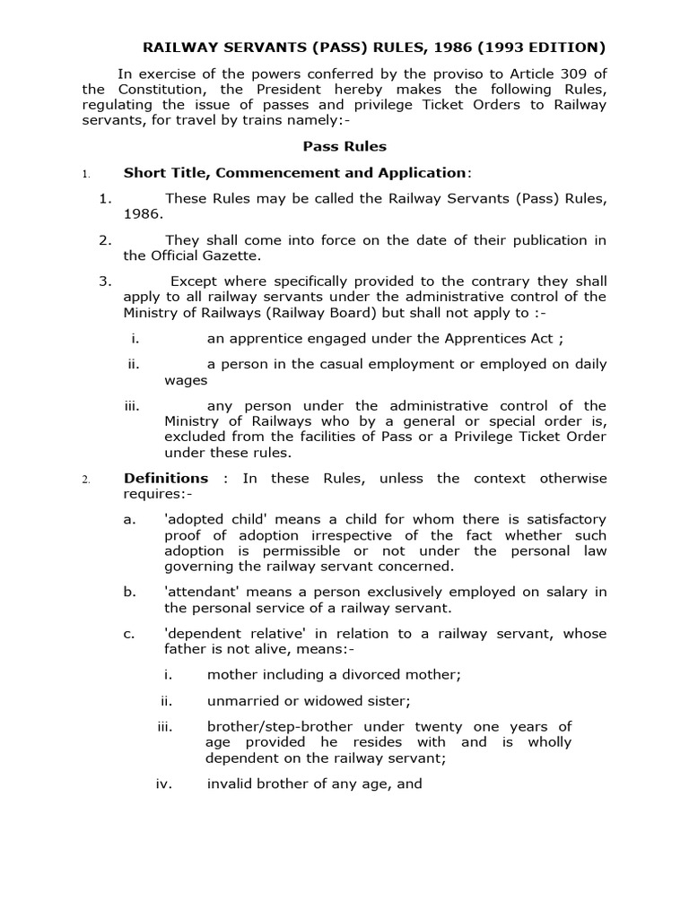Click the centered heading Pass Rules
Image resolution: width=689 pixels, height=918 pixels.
pyautogui.click(x=344, y=145)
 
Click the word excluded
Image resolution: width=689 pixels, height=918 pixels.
pyautogui.click(x=194, y=437)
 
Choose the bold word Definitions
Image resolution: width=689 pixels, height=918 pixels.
pyautogui.click(x=166, y=478)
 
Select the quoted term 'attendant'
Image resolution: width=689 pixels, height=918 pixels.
pyautogui.click(x=203, y=591)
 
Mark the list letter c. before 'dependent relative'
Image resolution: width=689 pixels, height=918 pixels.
pyautogui.click(x=129, y=633)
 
